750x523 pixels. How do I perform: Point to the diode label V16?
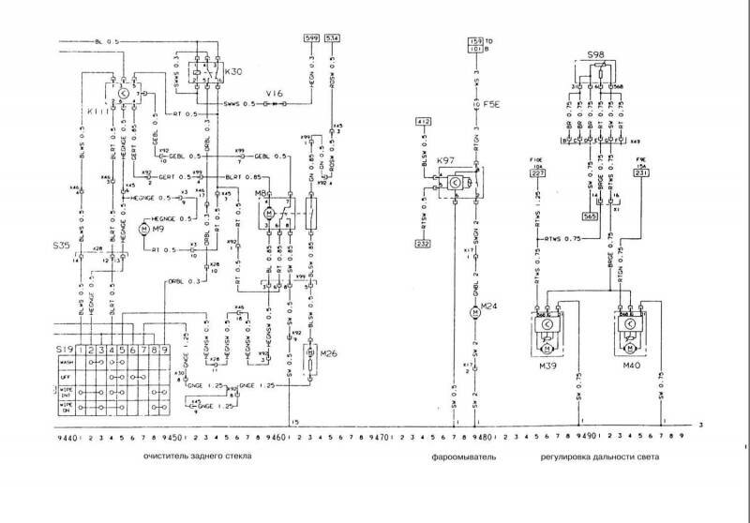(x=274, y=94)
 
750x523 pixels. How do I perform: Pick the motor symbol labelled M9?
(x=144, y=229)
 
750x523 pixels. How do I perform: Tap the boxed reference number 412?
(x=422, y=122)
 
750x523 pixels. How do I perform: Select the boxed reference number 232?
(x=423, y=244)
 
